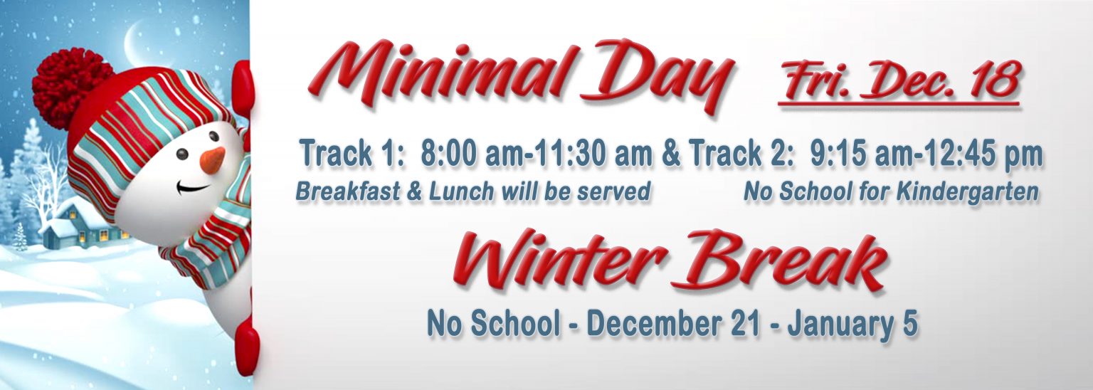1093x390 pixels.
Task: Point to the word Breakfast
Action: (347, 191)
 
